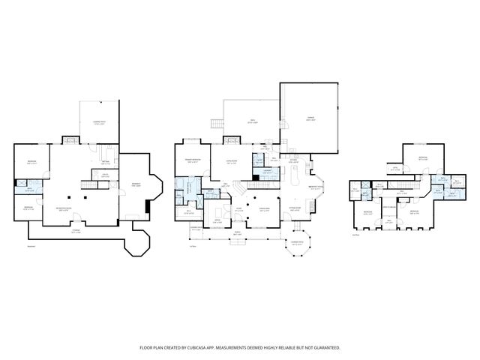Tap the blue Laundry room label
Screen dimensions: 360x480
[268, 173]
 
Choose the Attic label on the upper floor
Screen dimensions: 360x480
[394, 169]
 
